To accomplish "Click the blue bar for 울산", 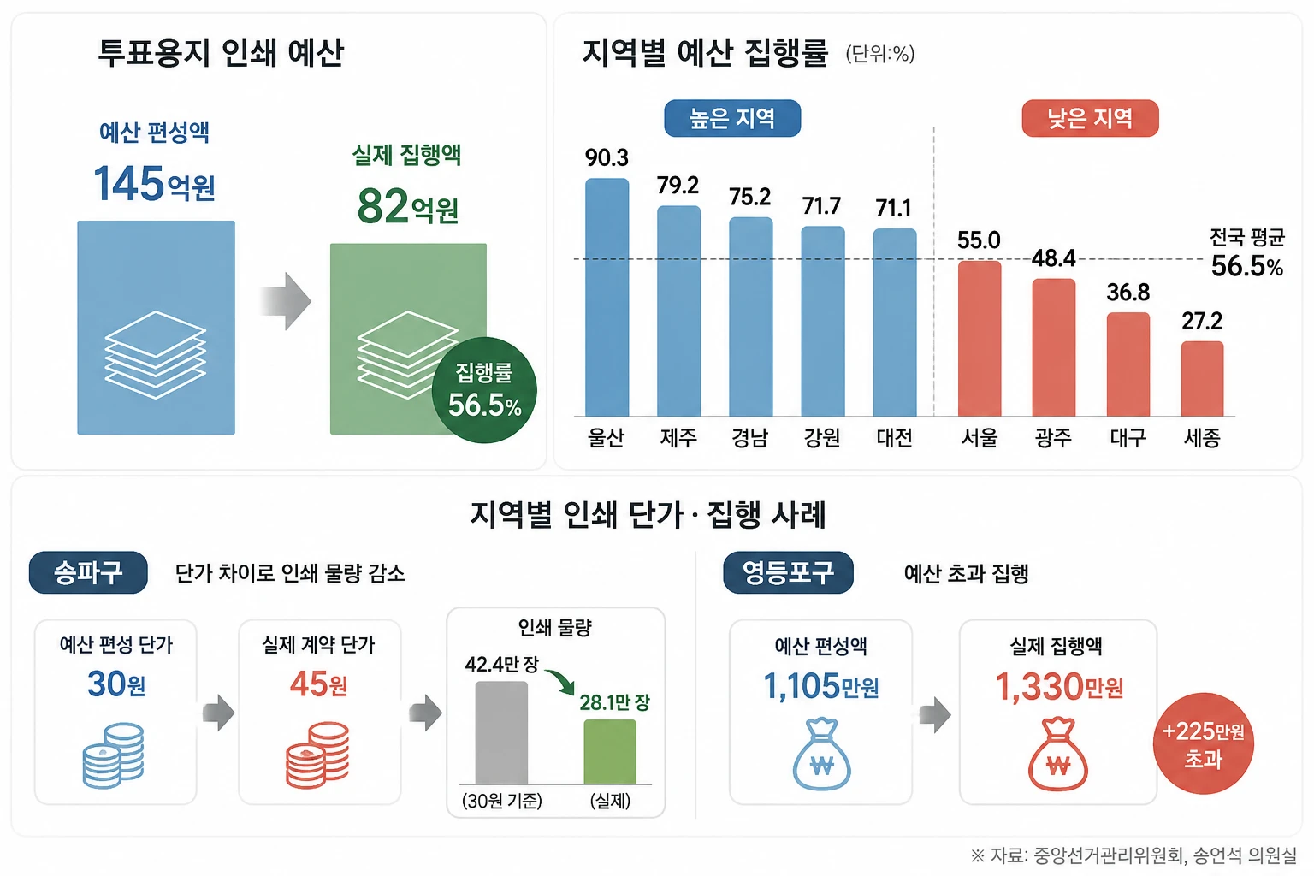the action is (607, 297).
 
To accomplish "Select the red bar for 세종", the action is (1202, 378).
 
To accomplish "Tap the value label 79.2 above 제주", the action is (678, 186).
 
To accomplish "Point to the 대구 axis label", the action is (1128, 438).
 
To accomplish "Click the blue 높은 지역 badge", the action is (732, 119).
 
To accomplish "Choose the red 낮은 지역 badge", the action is (1090, 119).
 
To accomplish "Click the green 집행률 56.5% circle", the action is (484, 390).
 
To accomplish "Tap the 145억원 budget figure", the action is (154, 184).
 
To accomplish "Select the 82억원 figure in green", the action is (408, 206).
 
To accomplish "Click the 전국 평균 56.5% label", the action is (1247, 253).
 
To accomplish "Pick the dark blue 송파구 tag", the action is (88, 572).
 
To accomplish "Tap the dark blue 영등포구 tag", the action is (788, 572).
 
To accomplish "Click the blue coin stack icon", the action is (114, 755).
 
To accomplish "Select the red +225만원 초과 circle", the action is (1203, 743).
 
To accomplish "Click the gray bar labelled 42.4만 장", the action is (501, 732).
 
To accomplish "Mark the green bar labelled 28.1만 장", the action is (609, 751).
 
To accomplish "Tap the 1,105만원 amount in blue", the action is (820, 686).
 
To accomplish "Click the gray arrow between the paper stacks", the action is (286, 301).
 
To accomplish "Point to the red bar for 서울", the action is (979, 339).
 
